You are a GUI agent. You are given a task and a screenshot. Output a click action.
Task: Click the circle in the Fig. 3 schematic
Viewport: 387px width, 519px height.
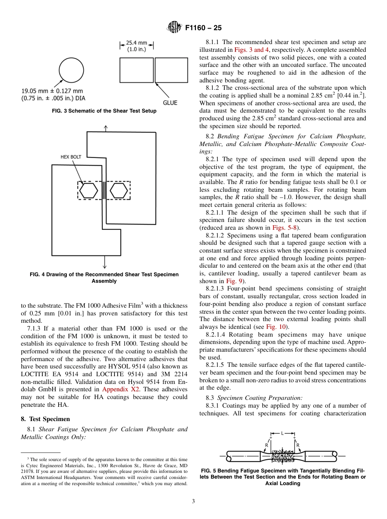71,71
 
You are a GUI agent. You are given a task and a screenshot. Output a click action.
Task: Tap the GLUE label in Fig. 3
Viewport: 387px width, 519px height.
170,102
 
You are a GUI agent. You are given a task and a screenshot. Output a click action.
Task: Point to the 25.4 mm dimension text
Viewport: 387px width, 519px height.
136,42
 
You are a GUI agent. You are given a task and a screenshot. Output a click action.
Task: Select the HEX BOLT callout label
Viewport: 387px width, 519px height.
71,157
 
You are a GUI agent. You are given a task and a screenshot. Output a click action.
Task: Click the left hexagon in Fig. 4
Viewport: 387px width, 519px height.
88,190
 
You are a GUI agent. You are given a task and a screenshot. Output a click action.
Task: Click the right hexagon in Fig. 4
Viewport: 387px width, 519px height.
119,190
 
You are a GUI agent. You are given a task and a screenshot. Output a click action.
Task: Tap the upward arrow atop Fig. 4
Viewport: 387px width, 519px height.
106,128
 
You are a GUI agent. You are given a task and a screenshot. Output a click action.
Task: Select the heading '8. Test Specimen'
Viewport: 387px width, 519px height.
45,419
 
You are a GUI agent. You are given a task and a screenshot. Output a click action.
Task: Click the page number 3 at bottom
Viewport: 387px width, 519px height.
193,501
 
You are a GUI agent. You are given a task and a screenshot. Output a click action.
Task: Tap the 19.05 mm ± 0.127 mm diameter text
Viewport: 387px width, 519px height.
53,91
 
